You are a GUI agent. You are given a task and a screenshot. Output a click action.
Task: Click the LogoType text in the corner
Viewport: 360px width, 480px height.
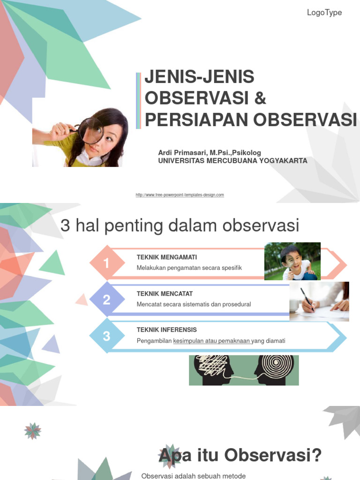pos(324,13)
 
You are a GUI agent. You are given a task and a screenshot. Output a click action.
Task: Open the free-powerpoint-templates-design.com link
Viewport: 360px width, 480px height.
pos(180,195)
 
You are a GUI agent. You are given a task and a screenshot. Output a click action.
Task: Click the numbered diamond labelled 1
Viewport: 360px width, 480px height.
pos(106,263)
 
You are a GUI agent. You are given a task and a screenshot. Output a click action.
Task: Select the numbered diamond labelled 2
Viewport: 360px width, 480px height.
pos(106,300)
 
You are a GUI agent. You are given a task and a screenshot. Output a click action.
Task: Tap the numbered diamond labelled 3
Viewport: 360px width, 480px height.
pos(106,336)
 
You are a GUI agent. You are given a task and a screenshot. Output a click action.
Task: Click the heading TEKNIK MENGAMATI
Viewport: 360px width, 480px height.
pos(167,257)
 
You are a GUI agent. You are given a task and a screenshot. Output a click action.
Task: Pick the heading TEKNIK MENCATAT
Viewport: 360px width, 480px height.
pos(164,293)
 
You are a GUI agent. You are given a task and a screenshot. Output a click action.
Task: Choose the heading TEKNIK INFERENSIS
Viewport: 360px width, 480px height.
pos(166,330)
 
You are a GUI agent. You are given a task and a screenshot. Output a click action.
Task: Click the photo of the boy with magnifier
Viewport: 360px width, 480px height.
pos(292,261)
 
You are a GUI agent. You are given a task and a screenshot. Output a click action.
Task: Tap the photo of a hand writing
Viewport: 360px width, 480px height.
pos(319,301)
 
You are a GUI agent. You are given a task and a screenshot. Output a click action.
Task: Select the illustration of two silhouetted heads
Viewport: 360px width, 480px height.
pos(244,370)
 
